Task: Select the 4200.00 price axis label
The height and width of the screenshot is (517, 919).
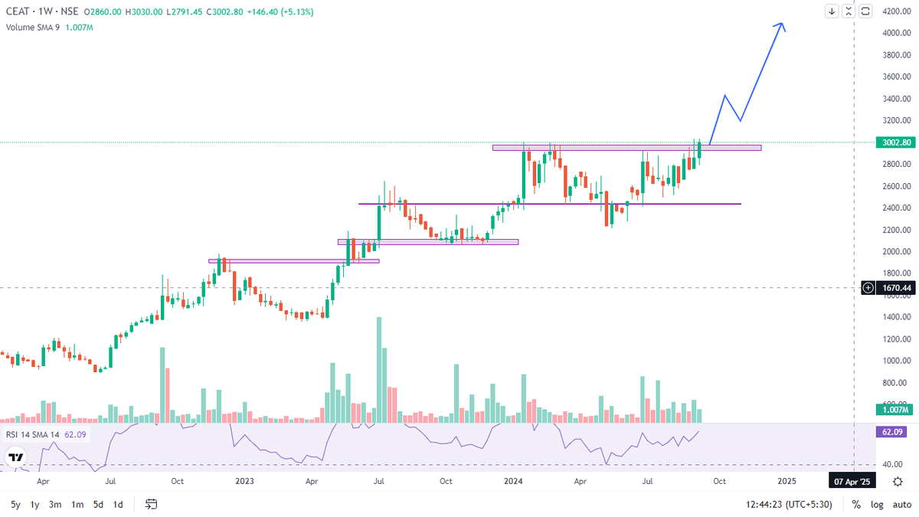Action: click(x=895, y=11)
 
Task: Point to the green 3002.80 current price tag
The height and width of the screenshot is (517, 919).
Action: click(x=896, y=142)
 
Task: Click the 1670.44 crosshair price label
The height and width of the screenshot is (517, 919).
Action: click(x=896, y=288)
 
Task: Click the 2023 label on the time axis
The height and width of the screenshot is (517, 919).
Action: click(x=244, y=482)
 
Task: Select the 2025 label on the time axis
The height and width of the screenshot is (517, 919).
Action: click(x=787, y=482)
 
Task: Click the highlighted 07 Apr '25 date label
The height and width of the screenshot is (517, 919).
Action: click(x=852, y=482)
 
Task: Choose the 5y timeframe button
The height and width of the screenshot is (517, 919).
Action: click(x=15, y=505)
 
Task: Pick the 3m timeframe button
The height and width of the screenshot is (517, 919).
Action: click(x=55, y=505)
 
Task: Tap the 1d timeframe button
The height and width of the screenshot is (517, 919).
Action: click(x=118, y=505)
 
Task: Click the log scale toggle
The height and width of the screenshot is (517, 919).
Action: click(x=878, y=505)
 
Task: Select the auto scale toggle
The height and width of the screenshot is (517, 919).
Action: click(x=901, y=505)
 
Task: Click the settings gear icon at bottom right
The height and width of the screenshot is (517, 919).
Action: click(x=898, y=482)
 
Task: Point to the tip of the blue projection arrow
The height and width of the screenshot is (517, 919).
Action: click(x=782, y=24)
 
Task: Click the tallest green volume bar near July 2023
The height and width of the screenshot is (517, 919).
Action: click(x=378, y=368)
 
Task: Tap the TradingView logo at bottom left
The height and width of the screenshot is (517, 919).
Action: click(x=15, y=456)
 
